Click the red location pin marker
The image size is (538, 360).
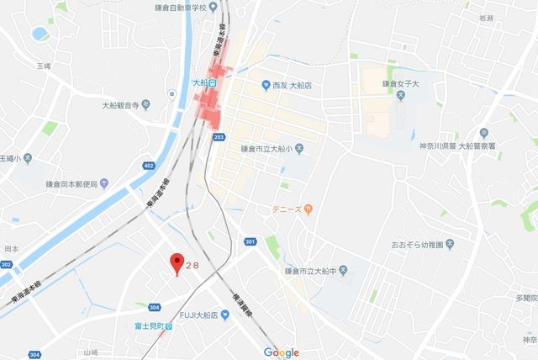[x=177, y=262]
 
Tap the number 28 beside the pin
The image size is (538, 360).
[x=193, y=262]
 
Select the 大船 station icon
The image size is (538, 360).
[x=214, y=84]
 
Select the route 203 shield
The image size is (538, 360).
[x=219, y=135]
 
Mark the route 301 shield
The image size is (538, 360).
[x=250, y=242]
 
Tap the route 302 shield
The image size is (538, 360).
[x=7, y=264]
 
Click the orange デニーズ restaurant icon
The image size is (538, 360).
[x=309, y=208]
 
